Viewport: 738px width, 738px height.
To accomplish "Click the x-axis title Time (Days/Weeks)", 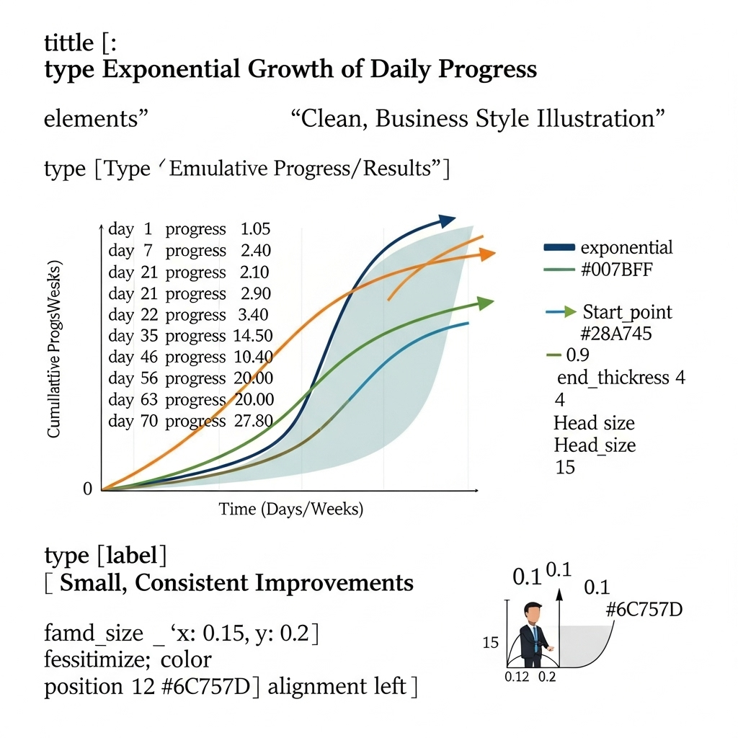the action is click(291, 509).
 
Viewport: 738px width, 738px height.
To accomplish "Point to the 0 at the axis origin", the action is click(87, 489).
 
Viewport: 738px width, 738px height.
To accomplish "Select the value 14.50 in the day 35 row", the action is click(253, 336).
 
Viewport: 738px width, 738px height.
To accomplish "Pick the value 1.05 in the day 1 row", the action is click(256, 228).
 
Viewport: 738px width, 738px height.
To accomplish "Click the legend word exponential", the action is click(626, 248).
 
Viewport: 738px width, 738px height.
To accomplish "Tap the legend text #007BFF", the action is click(617, 270).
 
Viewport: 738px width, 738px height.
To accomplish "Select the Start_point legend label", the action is click(628, 312).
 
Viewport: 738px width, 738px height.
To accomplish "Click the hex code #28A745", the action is click(615, 334).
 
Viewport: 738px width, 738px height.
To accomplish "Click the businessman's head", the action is click(533, 613).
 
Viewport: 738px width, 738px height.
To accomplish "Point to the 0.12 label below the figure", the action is click(517, 677).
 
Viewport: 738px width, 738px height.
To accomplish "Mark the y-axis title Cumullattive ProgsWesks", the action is click(55, 349).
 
